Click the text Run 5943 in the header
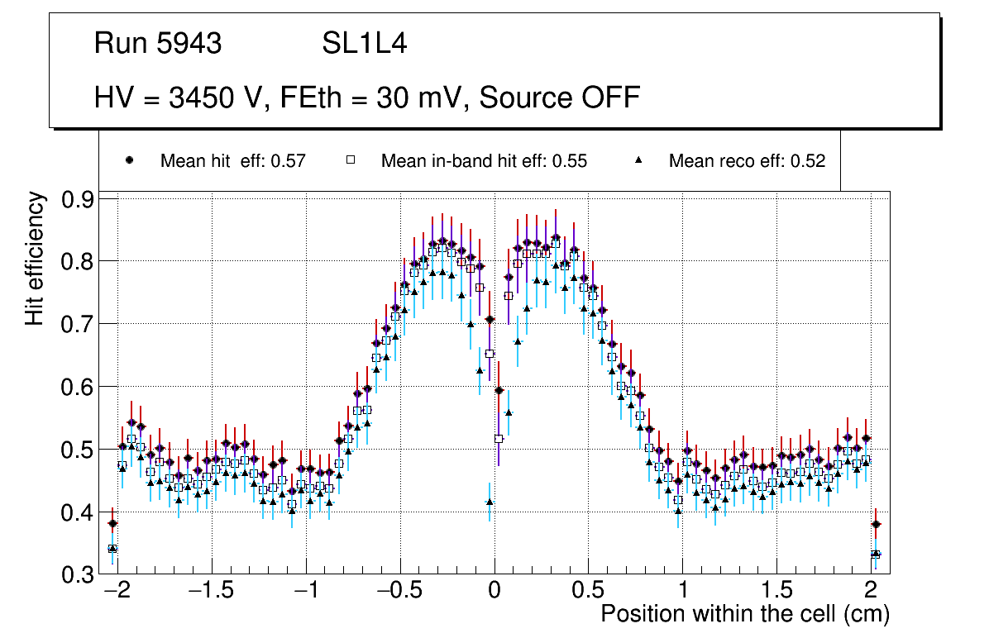tap(158, 44)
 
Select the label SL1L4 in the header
tap(364, 44)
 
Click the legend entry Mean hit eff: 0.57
tap(233, 161)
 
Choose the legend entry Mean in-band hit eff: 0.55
tap(484, 161)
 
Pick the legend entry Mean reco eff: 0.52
tap(747, 161)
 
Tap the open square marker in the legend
tap(350, 160)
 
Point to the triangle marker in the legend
tap(638, 160)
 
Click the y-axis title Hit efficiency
tap(35, 258)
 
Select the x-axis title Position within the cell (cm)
tap(744, 614)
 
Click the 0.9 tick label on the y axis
tap(79, 199)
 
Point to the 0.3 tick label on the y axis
tap(79, 574)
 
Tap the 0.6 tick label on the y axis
tap(79, 387)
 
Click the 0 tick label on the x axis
tap(494, 592)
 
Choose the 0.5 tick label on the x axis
tap(588, 592)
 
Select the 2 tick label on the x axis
tap(871, 592)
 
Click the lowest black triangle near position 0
tap(490, 501)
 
